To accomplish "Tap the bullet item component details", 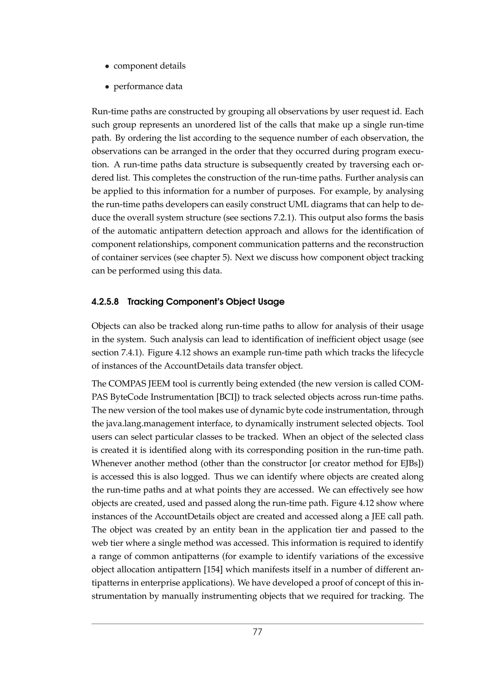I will [149, 66].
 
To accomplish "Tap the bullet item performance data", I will [148, 87].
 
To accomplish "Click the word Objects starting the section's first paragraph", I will [105, 326].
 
